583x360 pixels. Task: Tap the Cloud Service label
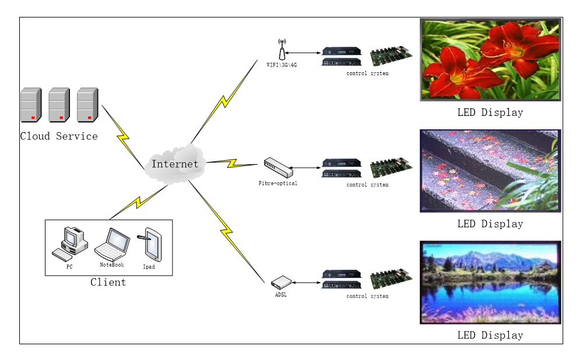tap(59, 136)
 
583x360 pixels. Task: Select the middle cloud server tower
tap(59, 105)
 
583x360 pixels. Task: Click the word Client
tap(108, 283)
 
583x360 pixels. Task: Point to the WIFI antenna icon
tap(282, 50)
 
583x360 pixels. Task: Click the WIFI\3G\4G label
tap(282, 65)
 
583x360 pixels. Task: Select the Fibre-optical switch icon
tap(278, 168)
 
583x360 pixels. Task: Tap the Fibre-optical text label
tap(278, 183)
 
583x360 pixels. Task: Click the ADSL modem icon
tap(280, 283)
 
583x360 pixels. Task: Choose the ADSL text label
tap(281, 295)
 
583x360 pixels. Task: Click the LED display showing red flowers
tap(490, 59)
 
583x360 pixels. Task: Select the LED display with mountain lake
tap(490, 283)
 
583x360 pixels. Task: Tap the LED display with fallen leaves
tap(490, 171)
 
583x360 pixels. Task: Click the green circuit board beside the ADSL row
tap(391, 279)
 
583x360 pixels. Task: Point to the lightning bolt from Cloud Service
tap(123, 137)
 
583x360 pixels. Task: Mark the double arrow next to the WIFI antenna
tap(303, 53)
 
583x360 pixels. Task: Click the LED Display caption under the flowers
tap(490, 112)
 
